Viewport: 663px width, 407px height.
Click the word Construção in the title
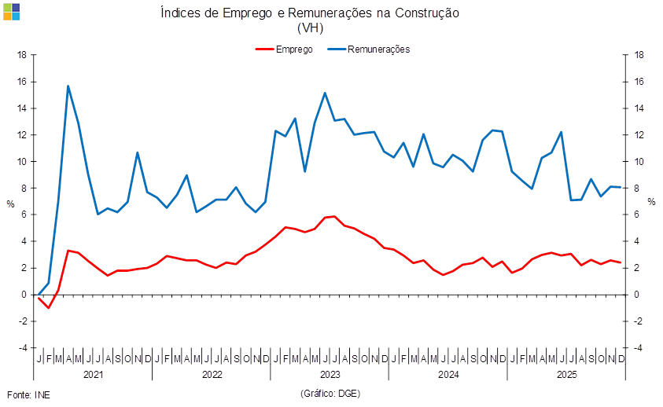click(428, 13)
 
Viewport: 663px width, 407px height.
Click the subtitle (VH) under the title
click(310, 27)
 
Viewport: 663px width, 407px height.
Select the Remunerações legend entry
click(378, 49)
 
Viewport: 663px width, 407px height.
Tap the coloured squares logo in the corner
click(11, 11)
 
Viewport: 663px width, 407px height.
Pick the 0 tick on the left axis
click(24, 295)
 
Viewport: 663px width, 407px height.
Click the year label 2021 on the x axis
click(94, 375)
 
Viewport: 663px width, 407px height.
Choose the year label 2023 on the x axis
click(330, 375)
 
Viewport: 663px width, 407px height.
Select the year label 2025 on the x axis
click(565, 375)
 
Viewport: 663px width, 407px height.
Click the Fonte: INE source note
click(28, 393)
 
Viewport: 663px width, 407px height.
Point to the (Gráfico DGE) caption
click(330, 393)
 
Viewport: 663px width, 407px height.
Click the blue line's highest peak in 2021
click(68, 86)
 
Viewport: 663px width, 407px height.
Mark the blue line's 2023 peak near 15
click(325, 93)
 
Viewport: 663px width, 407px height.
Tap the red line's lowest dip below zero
click(49, 308)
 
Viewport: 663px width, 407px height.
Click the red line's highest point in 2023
click(333, 216)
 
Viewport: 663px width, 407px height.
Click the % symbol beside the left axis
click(10, 203)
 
